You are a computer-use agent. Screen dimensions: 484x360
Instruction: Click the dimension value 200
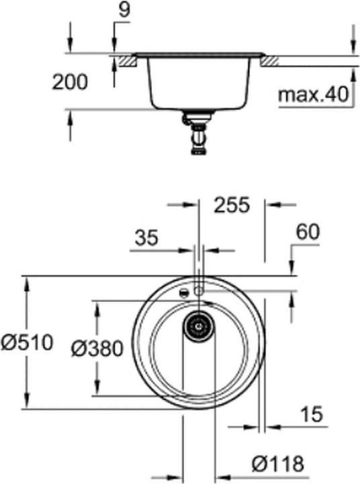(x=70, y=82)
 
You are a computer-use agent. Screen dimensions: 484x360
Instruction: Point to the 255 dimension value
(x=230, y=204)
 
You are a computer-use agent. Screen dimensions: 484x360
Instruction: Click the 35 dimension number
(x=146, y=238)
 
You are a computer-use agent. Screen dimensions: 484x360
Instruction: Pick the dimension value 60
(x=308, y=232)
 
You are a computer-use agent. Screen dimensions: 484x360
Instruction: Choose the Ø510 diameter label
(x=26, y=343)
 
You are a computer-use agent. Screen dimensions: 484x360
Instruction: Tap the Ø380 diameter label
(x=97, y=348)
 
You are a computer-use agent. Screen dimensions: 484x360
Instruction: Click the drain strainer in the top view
(x=198, y=327)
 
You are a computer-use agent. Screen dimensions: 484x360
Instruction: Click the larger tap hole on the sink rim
(x=198, y=290)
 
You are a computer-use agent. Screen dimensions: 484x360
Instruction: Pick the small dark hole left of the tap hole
(x=182, y=293)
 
